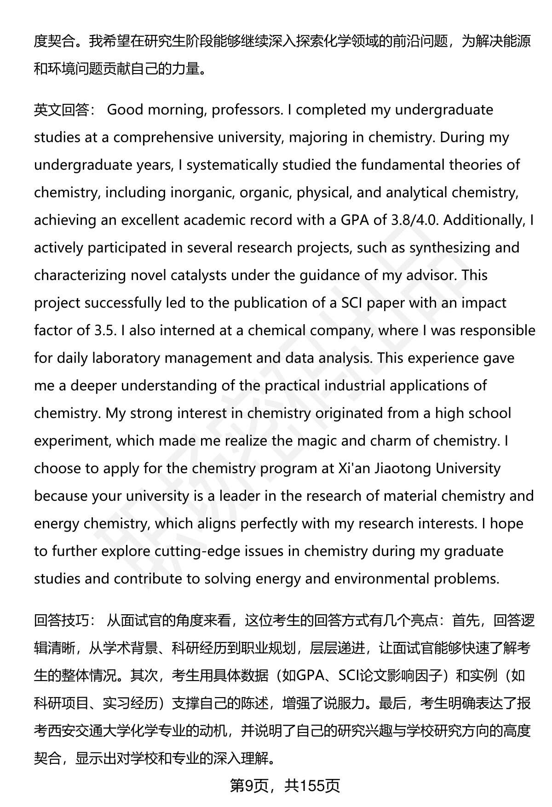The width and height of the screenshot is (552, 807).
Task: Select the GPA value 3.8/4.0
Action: tap(414, 220)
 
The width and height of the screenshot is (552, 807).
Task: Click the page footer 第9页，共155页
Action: tap(285, 786)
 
